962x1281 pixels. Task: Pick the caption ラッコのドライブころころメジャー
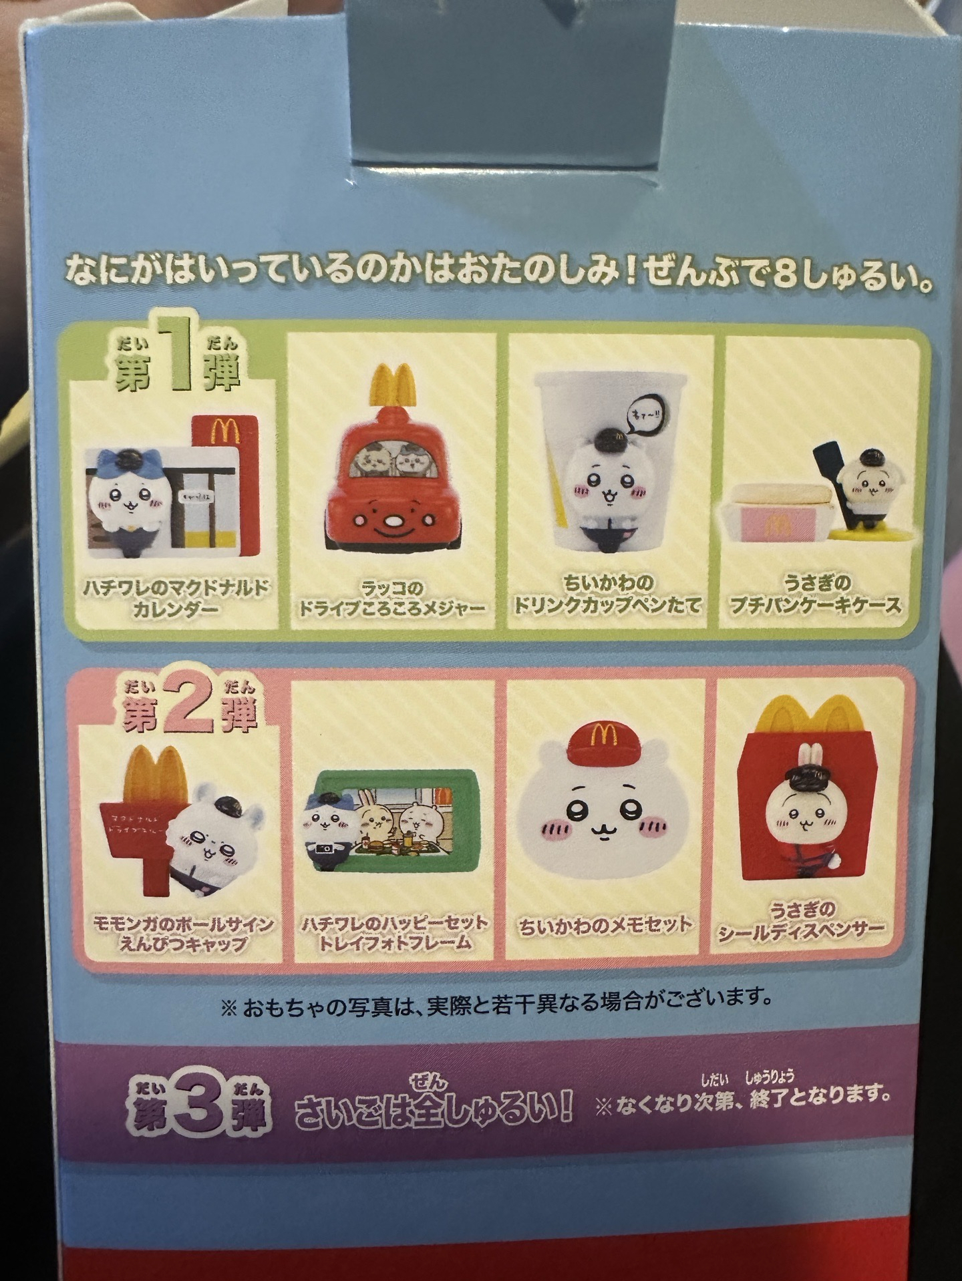tap(391, 598)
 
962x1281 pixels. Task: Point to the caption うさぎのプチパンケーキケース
tap(816, 594)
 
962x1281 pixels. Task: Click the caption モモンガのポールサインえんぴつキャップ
tap(182, 934)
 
